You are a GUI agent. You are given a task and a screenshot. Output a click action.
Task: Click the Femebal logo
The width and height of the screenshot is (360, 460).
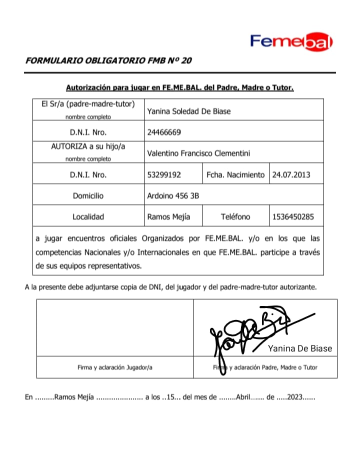coord(291,42)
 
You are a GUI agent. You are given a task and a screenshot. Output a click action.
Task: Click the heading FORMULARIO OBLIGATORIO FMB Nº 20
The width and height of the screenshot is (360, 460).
coord(108,61)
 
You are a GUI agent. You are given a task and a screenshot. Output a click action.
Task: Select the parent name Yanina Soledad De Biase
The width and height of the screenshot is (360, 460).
coord(188,111)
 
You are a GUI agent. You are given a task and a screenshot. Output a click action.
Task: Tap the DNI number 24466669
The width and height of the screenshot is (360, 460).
coord(164,132)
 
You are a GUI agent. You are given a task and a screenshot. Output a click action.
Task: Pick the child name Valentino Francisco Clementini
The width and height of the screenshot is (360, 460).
coord(198,153)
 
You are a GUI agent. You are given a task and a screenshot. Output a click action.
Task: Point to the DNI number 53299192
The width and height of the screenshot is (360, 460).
coord(164,175)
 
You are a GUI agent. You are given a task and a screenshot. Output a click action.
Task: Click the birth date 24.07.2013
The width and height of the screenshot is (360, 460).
coord(291,175)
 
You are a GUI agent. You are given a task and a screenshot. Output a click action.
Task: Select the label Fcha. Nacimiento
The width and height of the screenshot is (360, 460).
coord(235,175)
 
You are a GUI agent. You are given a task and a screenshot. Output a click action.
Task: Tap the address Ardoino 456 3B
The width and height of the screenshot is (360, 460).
coord(173,196)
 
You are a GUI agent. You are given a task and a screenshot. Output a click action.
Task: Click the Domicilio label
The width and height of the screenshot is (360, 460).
coord(88,196)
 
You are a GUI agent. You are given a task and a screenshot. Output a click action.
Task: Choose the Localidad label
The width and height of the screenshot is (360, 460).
coord(88,217)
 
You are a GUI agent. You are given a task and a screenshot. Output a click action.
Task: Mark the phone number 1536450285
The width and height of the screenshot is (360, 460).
coord(293,217)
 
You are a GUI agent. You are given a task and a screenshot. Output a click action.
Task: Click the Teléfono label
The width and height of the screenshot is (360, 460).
coord(235,217)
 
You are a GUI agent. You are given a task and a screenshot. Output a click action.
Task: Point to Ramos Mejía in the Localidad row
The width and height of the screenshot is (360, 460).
coord(166,217)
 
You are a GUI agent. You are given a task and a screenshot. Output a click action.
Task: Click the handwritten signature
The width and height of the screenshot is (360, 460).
coord(250,332)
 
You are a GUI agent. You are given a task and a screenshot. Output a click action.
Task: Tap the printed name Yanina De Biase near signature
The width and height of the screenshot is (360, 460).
coord(300,348)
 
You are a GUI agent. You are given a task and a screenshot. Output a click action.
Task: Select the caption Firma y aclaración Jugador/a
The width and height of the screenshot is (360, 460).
coord(115,367)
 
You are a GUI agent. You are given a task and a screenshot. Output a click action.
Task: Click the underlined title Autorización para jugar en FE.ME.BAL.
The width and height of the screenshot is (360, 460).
coord(180,87)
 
